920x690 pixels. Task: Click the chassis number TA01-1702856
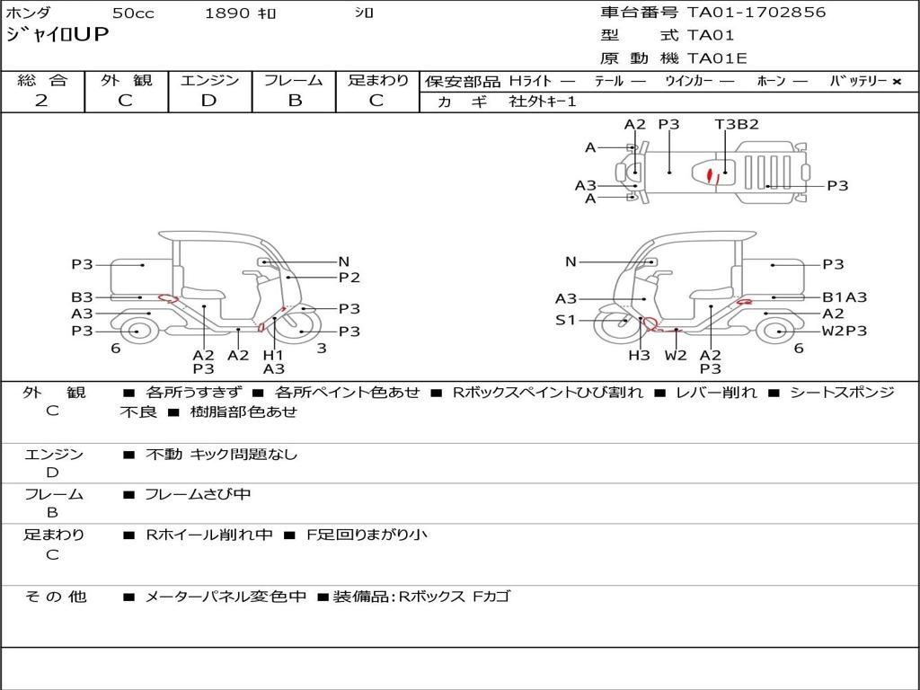(756, 13)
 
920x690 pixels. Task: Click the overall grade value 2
(41, 101)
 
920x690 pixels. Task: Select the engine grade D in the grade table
(208, 101)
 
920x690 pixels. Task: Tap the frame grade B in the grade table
(295, 101)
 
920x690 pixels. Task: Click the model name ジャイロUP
(57, 34)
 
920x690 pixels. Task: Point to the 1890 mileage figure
(227, 13)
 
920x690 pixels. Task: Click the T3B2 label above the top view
(737, 124)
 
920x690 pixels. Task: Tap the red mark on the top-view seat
(712, 175)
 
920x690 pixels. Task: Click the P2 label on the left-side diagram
(349, 278)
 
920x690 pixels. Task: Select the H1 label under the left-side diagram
(273, 355)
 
